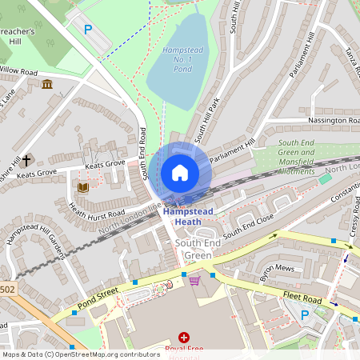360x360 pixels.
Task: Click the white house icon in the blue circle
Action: tap(180, 173)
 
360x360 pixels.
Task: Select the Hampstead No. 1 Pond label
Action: tap(176, 61)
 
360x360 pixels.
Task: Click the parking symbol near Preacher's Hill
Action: tap(88, 30)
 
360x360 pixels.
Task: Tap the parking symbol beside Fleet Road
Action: tap(305, 314)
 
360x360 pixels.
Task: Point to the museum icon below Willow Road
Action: tap(47, 85)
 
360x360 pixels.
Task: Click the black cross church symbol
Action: tap(26, 160)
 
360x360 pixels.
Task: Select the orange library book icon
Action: tap(82, 188)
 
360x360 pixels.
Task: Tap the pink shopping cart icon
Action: tap(194, 280)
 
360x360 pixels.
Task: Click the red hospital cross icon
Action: tap(185, 338)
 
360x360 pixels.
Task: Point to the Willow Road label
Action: tap(19, 71)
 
